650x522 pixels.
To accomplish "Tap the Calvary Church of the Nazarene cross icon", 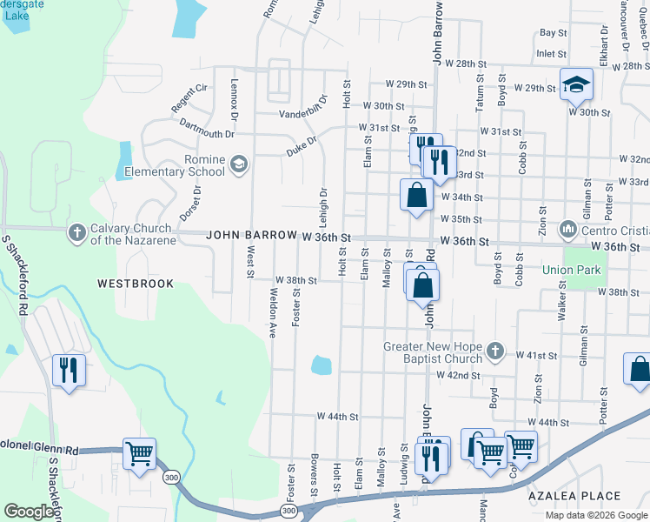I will tap(77, 233).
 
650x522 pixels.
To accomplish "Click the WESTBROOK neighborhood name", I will tap(136, 284).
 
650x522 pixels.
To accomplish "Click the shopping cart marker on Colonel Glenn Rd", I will tap(139, 454).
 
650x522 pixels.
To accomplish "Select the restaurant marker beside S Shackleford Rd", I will tap(68, 370).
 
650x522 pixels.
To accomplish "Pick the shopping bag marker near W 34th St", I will tap(417, 195).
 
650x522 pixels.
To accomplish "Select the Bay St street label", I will tap(553, 32).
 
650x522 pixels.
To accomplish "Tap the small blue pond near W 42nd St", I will tap(321, 365).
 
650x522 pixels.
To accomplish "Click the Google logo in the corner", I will tap(30, 512).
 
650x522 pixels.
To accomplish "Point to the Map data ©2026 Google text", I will tap(596, 515).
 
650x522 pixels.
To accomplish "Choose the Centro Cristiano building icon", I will tap(568, 230).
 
